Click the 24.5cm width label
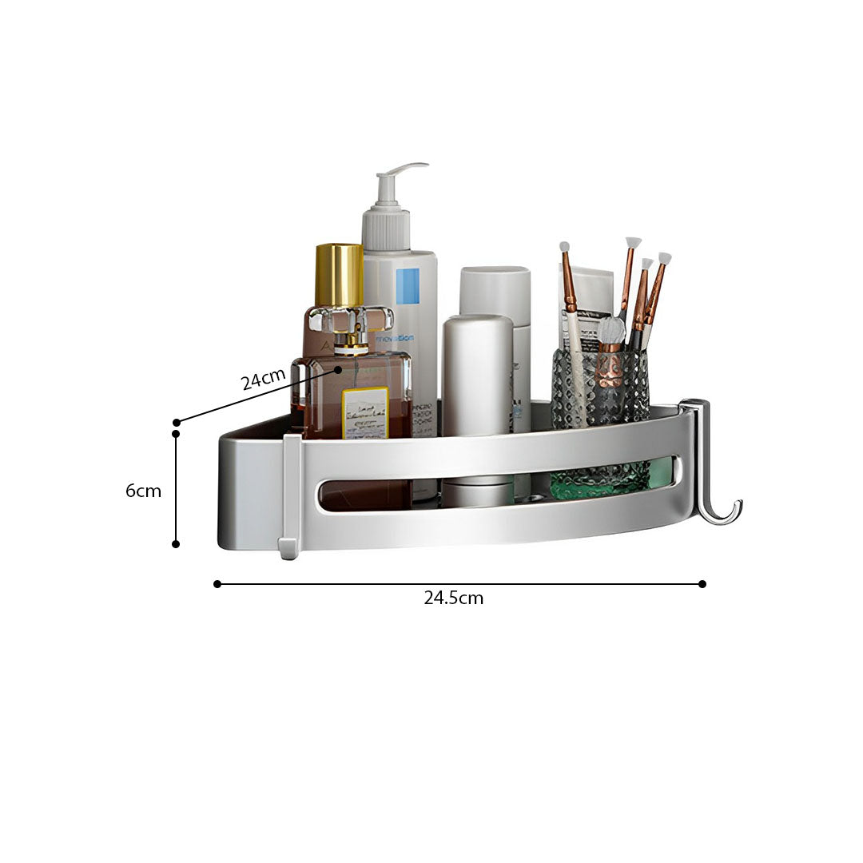(453, 598)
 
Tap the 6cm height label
(143, 491)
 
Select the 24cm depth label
(263, 379)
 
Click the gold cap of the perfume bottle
(339, 275)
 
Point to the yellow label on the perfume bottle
(365, 413)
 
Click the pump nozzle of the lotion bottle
(400, 173)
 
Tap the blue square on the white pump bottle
(408, 285)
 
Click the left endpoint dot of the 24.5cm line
(217, 584)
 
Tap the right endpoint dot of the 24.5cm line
(702, 584)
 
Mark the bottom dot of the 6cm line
(176, 544)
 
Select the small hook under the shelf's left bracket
(287, 550)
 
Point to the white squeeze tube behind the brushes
(587, 304)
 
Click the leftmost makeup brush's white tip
(564, 246)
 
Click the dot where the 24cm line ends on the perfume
(338, 370)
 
